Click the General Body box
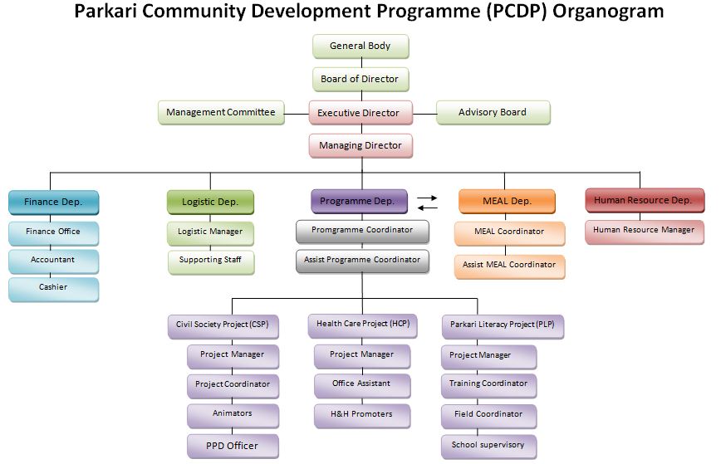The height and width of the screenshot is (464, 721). [x=360, y=46]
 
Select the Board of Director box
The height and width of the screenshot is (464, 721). [x=360, y=79]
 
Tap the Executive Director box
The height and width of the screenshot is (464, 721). [x=359, y=112]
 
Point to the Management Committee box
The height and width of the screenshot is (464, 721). [x=221, y=112]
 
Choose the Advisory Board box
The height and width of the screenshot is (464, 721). [x=493, y=112]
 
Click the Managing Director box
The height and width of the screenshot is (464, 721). [x=360, y=145]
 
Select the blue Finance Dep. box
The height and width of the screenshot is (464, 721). [x=54, y=202]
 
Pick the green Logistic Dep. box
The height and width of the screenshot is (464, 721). [x=210, y=202]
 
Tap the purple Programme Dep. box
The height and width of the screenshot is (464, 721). [x=359, y=201]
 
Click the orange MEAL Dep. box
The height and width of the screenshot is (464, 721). [x=507, y=202]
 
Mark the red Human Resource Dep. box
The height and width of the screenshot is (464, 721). [x=644, y=201]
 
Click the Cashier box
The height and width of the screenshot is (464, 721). [x=54, y=288]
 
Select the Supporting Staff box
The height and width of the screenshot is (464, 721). [x=210, y=261]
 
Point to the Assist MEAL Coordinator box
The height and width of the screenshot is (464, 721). [x=509, y=265]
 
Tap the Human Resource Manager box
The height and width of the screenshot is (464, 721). [x=644, y=231]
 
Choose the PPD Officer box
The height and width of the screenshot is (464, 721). [x=233, y=446]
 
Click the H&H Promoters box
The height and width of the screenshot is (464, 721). [x=362, y=413]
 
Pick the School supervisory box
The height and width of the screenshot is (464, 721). [x=488, y=446]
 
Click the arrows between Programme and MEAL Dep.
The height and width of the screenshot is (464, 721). [x=427, y=203]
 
